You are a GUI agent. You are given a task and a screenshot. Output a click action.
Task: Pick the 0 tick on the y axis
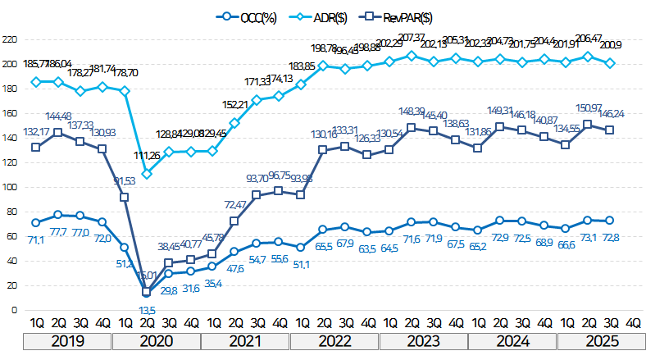tap(15, 311)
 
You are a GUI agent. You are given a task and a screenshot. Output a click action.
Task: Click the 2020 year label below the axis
tap(156, 340)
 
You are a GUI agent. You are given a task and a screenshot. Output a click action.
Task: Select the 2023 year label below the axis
tap(424, 340)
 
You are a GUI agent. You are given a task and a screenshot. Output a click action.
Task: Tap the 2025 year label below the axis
tap(601, 340)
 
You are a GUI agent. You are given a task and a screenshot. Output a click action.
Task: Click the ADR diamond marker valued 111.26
tap(147, 174)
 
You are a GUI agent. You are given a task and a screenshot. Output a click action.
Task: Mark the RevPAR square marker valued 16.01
tap(147, 291)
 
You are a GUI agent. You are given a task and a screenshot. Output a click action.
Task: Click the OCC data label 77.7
tap(58, 233)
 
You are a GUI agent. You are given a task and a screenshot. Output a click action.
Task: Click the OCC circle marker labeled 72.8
tap(612, 221)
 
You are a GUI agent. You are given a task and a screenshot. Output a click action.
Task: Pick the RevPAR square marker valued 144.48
tap(58, 133)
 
